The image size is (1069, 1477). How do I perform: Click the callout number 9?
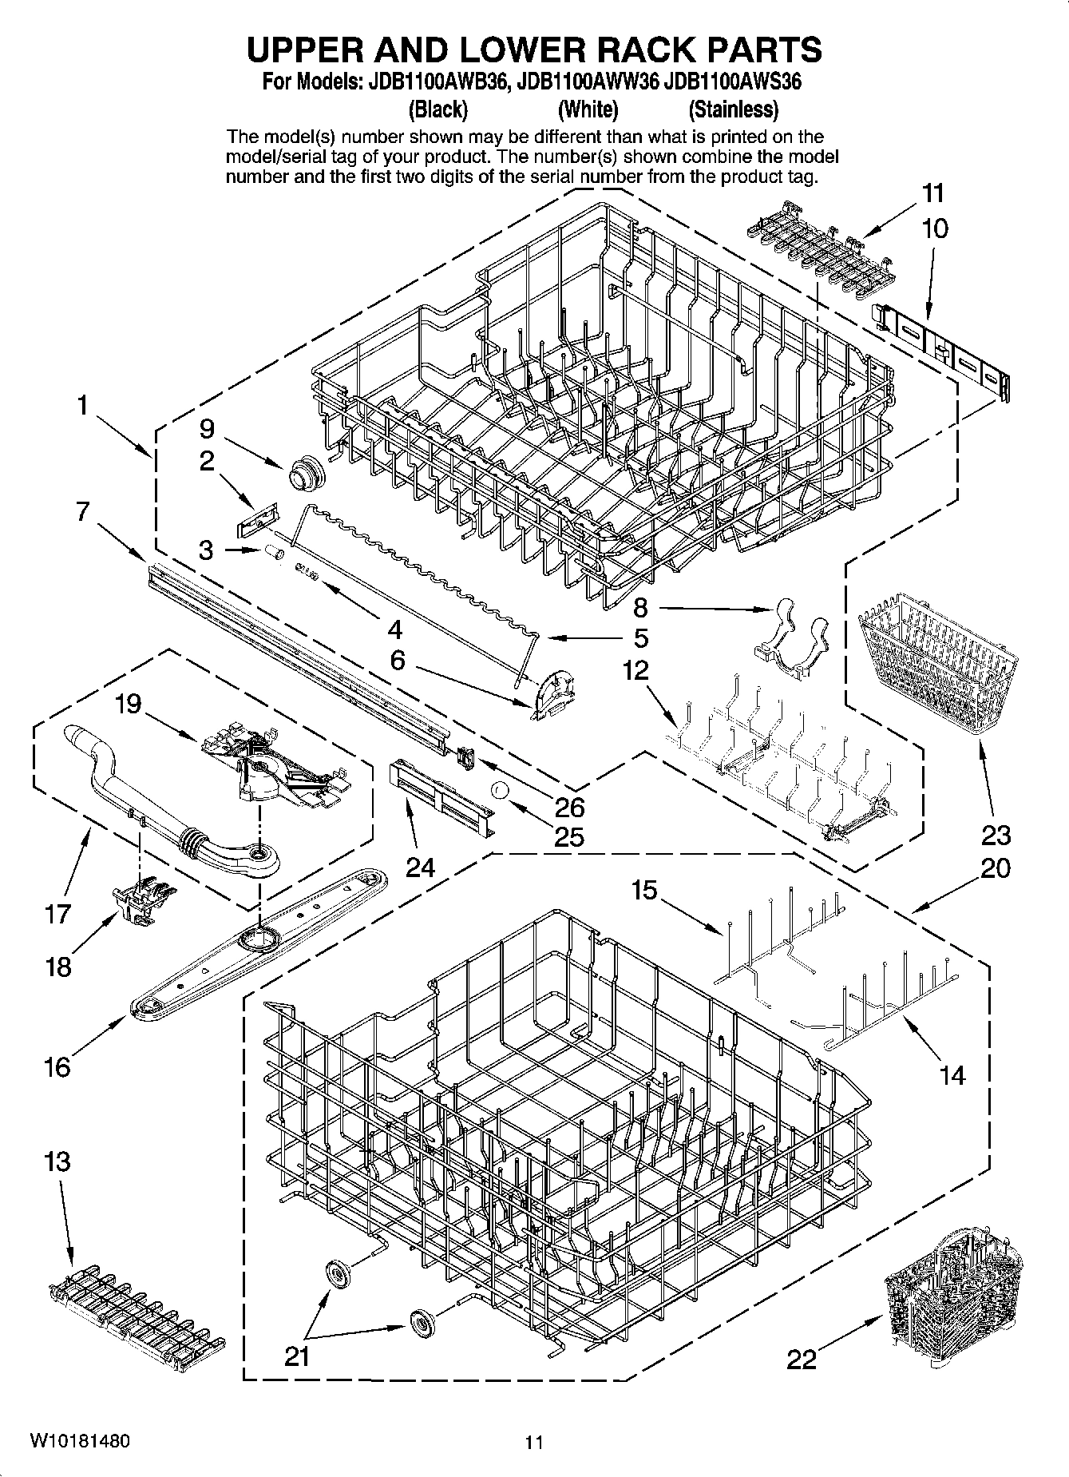207,429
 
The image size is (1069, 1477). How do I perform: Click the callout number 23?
996,836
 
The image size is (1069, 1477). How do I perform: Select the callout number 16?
57,1066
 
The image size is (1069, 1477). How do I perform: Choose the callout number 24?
420,868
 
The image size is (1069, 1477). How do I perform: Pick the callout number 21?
297,1357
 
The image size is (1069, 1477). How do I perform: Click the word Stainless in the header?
733,109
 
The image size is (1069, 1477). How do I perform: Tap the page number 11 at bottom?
533,1442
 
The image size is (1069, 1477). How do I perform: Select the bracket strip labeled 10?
942,350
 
